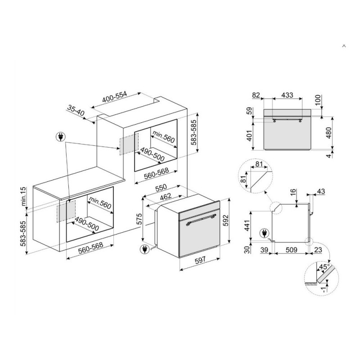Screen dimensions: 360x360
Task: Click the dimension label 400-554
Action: pyautogui.click(x=115, y=97)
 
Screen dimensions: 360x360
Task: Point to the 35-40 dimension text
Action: pyautogui.click(x=76, y=110)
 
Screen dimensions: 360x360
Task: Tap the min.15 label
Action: pyautogui.click(x=23, y=196)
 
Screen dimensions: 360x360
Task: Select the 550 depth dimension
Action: pyautogui.click(x=161, y=188)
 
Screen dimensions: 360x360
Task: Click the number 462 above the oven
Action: pyautogui.click(x=166, y=196)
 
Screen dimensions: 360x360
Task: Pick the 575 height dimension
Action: pyautogui.click(x=139, y=219)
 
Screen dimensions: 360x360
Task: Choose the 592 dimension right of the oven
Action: pyautogui.click(x=226, y=220)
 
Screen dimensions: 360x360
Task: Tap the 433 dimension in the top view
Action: pyautogui.click(x=287, y=95)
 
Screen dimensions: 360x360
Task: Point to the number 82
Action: pyautogui.click(x=256, y=95)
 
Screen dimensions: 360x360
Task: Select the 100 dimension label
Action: pyautogui.click(x=318, y=99)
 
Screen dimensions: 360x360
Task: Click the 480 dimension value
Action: pyautogui.click(x=329, y=133)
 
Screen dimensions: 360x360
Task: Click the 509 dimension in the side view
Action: pyautogui.click(x=291, y=250)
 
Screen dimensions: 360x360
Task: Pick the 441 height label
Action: pyautogui.click(x=247, y=226)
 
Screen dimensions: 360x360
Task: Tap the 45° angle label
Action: pyautogui.click(x=324, y=267)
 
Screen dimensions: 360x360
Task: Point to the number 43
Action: pyautogui.click(x=321, y=191)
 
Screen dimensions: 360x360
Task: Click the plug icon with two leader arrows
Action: pyautogui.click(x=61, y=137)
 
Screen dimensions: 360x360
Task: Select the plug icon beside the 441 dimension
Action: pyautogui.click(x=264, y=234)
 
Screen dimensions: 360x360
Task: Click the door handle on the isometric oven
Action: pyautogui.click(x=201, y=220)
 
